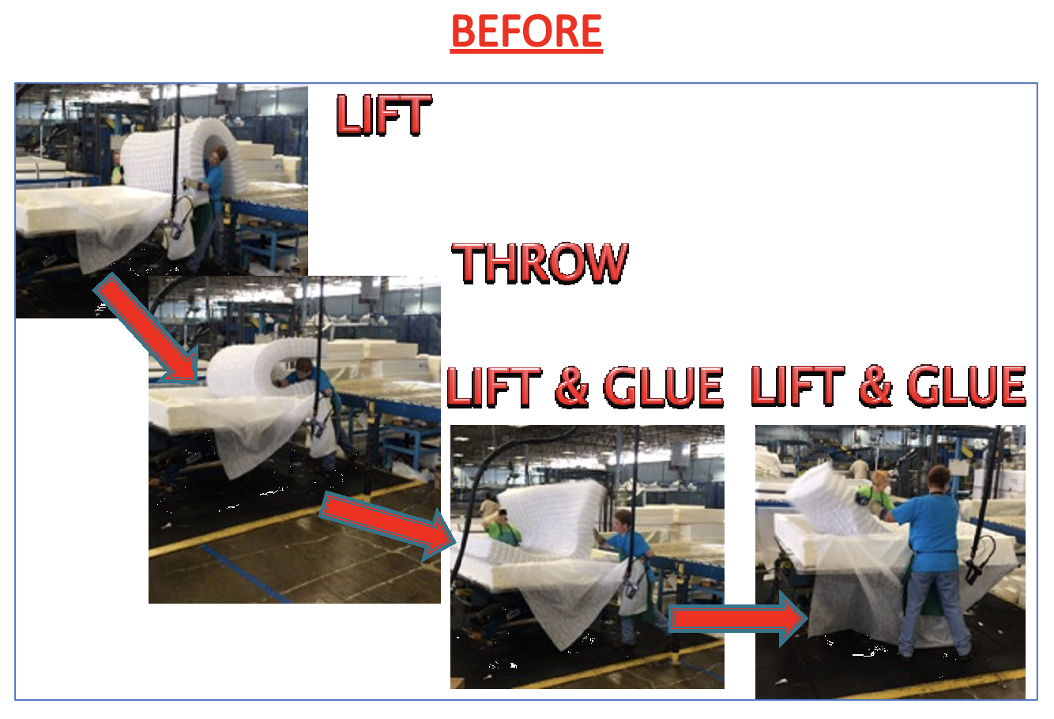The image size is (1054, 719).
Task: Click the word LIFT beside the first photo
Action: (384, 115)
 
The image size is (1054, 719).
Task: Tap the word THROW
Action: (540, 263)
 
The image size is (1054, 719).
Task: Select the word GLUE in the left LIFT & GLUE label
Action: (664, 387)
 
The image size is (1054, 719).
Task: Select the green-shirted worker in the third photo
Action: (504, 527)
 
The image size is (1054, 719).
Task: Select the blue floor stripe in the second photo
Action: (247, 574)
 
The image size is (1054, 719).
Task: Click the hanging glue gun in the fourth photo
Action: (981, 560)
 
